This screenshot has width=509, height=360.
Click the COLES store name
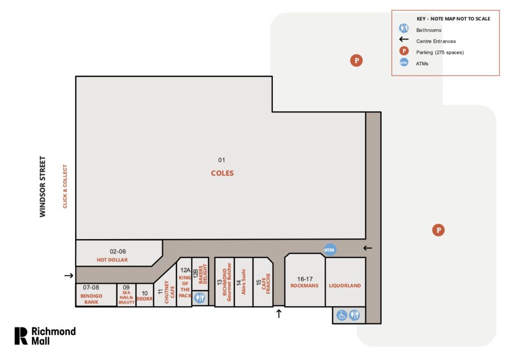click(222, 174)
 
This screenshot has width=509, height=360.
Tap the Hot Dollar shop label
click(112, 260)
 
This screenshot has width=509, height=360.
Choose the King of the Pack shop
click(185, 286)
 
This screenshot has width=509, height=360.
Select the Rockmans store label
click(304, 286)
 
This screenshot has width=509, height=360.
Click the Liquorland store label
click(344, 286)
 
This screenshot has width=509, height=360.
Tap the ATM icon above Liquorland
click(330, 250)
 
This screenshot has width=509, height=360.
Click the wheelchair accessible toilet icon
click(341, 315)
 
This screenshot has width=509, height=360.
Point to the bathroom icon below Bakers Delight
click(200, 297)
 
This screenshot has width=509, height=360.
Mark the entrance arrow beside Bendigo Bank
click(69, 275)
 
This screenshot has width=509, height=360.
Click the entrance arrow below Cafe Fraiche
click(279, 313)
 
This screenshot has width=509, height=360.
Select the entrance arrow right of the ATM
click(367, 248)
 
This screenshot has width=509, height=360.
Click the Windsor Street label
click(43, 186)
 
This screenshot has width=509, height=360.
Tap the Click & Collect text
click(64, 186)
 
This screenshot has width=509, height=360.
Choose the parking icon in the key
click(404, 52)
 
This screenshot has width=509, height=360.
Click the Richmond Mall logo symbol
click(21, 336)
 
